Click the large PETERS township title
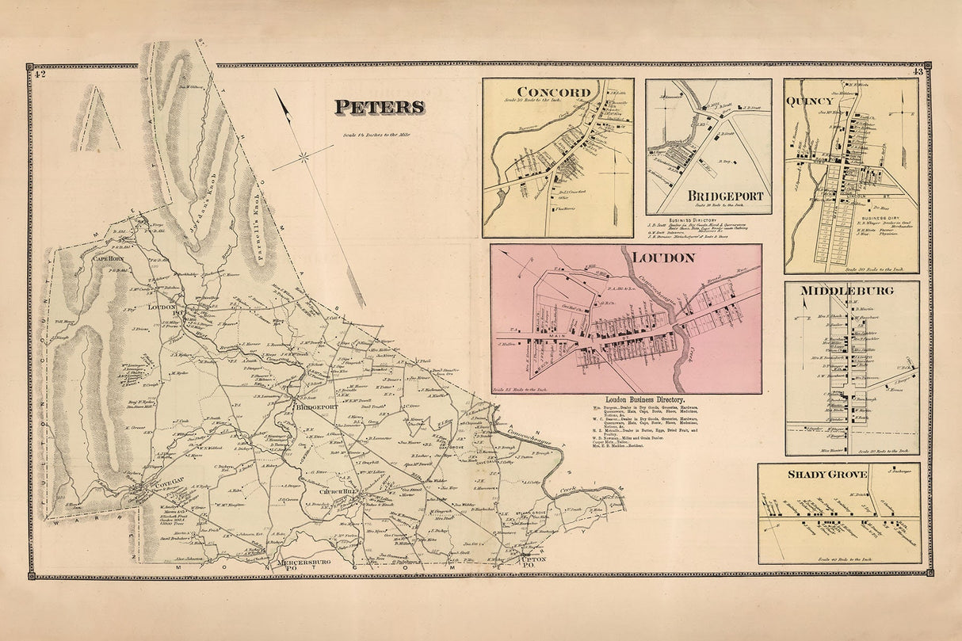[379, 107]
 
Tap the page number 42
[40, 74]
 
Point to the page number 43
[918, 73]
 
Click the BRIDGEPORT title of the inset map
[725, 196]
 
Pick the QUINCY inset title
[809, 101]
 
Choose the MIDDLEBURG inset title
[846, 290]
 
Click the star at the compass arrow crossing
[305, 157]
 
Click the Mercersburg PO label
[301, 564]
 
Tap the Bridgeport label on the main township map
[315, 407]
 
